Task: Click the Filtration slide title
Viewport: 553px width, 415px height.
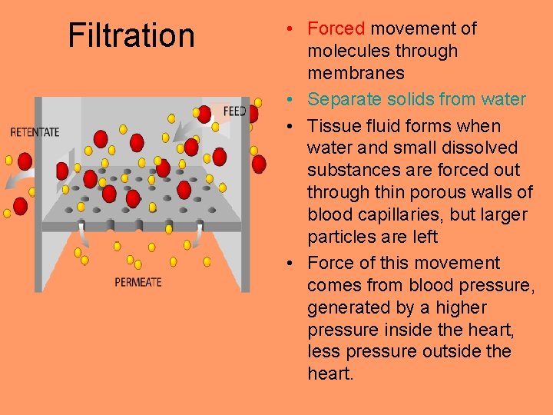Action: click(131, 35)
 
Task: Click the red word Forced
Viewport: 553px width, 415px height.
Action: click(336, 28)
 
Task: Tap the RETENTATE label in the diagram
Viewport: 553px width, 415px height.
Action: click(35, 131)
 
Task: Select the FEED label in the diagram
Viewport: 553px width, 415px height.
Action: click(234, 111)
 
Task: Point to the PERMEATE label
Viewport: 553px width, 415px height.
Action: click(138, 282)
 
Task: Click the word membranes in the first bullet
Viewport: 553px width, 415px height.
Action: click(356, 73)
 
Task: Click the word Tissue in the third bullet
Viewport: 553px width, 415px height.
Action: click(331, 126)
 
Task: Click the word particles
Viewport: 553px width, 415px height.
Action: click(339, 237)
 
